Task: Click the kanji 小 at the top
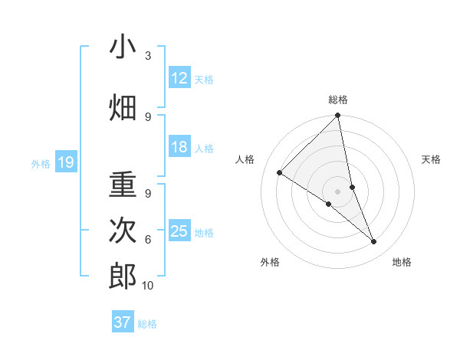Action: (x=123, y=47)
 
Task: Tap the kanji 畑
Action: (x=123, y=107)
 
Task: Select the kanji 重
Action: (x=123, y=186)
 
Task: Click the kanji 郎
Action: (x=123, y=276)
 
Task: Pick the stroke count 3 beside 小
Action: (x=148, y=56)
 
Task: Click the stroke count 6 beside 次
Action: (x=148, y=240)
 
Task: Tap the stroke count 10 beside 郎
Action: (x=148, y=286)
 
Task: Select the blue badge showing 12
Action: (x=179, y=79)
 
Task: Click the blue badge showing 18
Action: (x=179, y=148)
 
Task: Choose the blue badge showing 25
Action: (x=179, y=232)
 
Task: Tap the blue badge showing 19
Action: (x=65, y=162)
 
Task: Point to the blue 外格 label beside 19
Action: (x=41, y=163)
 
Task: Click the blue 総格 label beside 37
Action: (x=147, y=323)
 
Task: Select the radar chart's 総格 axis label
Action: (x=338, y=100)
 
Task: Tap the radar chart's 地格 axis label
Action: (x=402, y=262)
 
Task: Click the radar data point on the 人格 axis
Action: (x=280, y=172)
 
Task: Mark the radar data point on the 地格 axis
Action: (x=374, y=242)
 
